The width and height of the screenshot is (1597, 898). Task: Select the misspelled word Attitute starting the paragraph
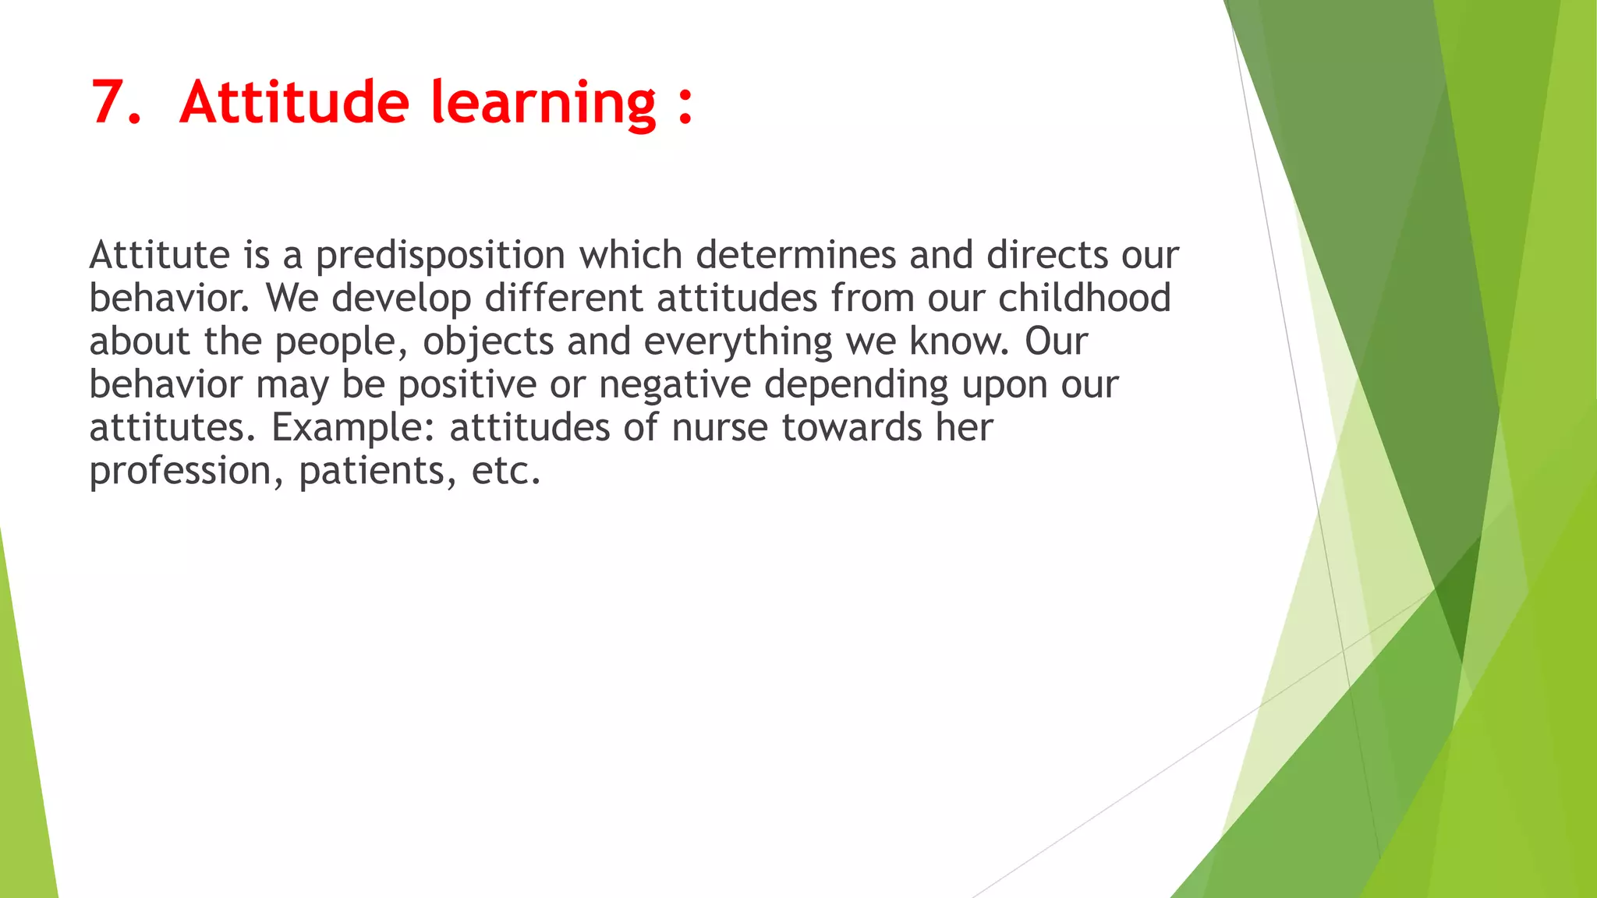(159, 255)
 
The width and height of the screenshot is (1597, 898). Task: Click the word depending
(855, 385)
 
